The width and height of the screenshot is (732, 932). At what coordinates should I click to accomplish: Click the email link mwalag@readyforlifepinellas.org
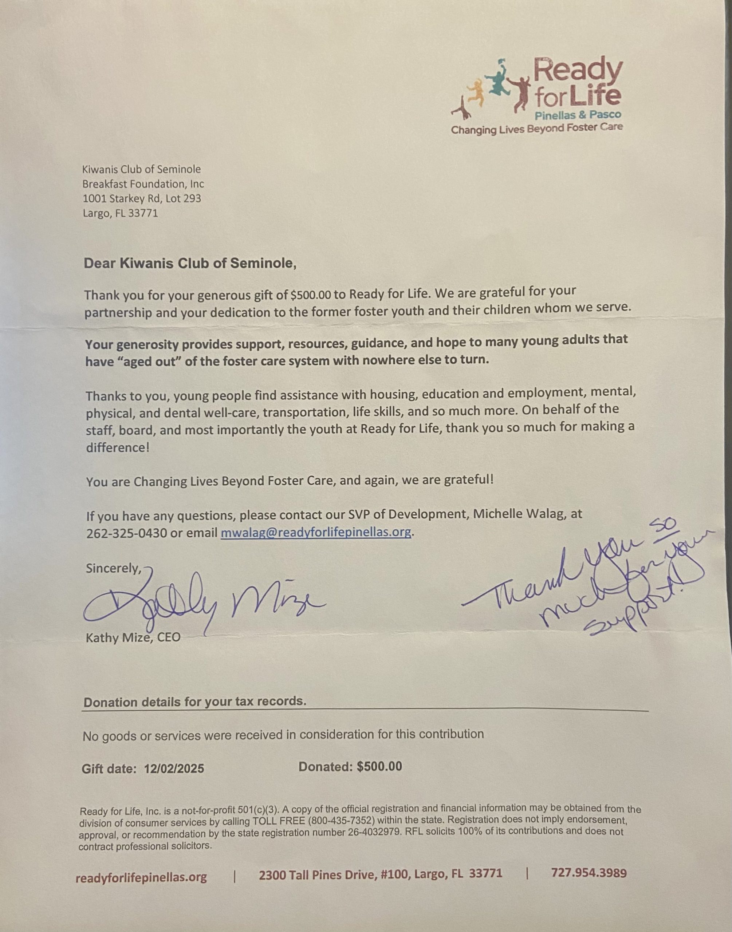pyautogui.click(x=316, y=532)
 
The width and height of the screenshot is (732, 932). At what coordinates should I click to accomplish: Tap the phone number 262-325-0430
pyautogui.click(x=126, y=533)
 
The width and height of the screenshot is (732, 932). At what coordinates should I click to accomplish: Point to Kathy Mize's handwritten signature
pyautogui.click(x=201, y=604)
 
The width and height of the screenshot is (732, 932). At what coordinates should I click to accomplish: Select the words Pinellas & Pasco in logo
pyautogui.click(x=578, y=115)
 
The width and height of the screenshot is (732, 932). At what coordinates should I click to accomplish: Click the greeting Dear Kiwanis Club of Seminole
pyautogui.click(x=190, y=263)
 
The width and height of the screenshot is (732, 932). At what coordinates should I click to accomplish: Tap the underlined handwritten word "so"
pyautogui.click(x=662, y=524)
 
